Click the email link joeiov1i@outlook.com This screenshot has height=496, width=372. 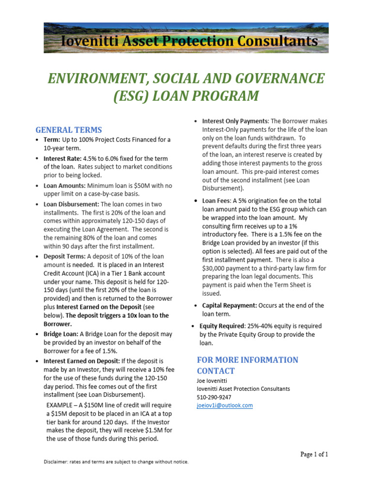point(224,405)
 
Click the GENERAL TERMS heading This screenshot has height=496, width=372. point(69,130)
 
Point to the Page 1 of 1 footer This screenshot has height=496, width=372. point(314,454)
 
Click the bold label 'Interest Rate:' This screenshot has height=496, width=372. point(63,158)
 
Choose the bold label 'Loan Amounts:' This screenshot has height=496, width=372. point(64,186)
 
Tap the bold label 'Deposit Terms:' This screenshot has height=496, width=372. point(63,256)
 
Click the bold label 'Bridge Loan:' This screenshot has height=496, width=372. point(61,334)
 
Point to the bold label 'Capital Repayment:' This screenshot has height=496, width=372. point(229,306)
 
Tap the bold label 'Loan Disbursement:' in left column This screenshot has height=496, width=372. point(71,204)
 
